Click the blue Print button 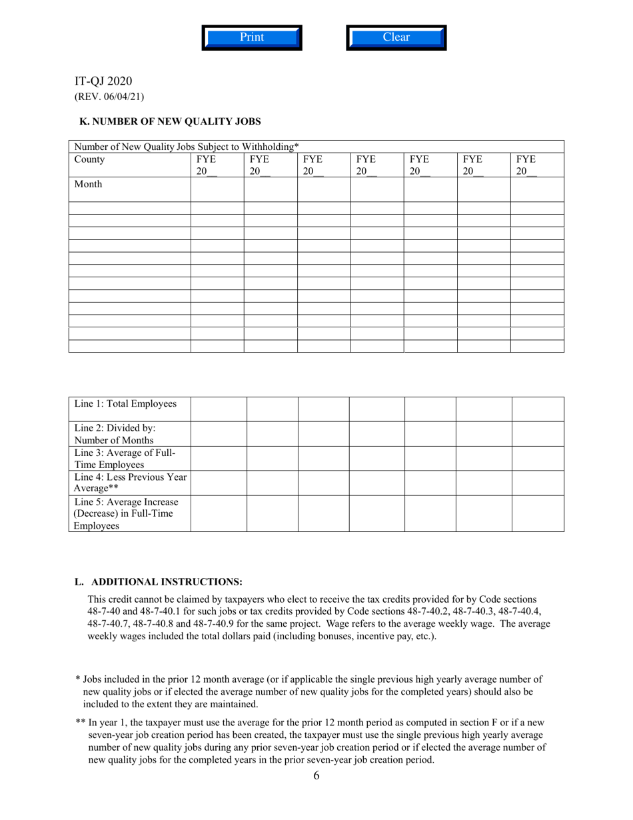click(x=252, y=37)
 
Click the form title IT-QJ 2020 click(x=103, y=81)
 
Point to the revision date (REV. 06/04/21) click(x=109, y=97)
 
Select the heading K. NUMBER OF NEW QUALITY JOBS click(x=170, y=121)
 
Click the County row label click(x=89, y=160)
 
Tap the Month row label click(x=88, y=185)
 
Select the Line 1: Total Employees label click(x=125, y=404)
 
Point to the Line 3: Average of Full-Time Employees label click(x=125, y=459)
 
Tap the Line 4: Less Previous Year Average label click(x=130, y=483)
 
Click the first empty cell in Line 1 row click(x=219, y=409)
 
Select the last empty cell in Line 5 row click(x=538, y=513)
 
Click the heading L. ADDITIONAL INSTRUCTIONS click(x=159, y=581)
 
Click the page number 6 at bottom click(x=316, y=775)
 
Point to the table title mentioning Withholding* click(x=187, y=147)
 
